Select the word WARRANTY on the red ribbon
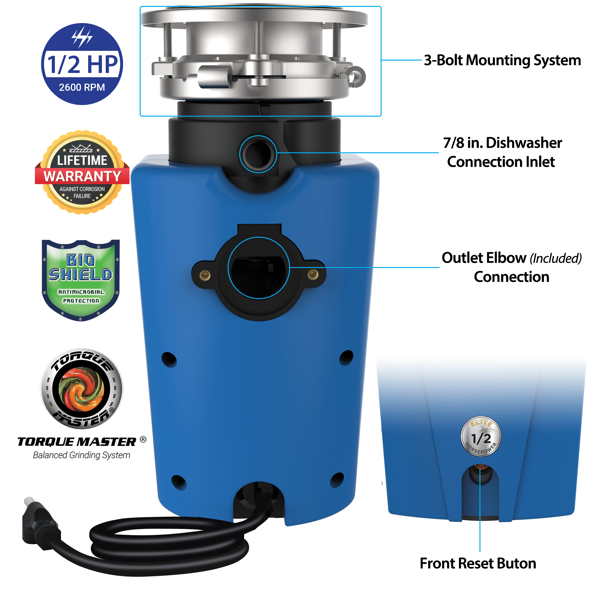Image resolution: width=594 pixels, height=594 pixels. [82, 177]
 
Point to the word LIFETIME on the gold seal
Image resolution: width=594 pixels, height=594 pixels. [82, 160]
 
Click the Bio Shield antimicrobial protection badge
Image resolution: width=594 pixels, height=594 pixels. [81, 280]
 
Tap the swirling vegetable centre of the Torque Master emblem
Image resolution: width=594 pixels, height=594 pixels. [82, 389]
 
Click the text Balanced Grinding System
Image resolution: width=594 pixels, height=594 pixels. [81, 455]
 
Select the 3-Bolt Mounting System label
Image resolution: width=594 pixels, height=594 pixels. [502, 60]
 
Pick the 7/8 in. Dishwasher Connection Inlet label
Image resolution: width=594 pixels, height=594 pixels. [502, 152]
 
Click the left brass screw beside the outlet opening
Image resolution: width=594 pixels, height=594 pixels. [205, 275]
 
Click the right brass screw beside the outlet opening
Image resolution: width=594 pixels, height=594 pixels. [313, 274]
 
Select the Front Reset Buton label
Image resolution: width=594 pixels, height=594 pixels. [478, 564]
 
